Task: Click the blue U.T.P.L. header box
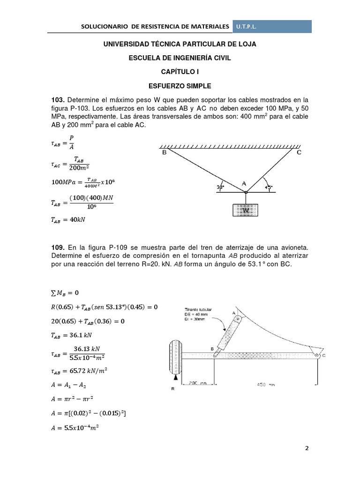pyautogui.click(x=272, y=26)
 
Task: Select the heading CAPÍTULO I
pyautogui.click(x=180, y=72)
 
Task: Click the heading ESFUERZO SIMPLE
pyautogui.click(x=180, y=86)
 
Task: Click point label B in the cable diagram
pyautogui.click(x=165, y=152)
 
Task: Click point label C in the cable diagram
pyautogui.click(x=299, y=152)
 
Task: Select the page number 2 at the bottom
pyautogui.click(x=307, y=448)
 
